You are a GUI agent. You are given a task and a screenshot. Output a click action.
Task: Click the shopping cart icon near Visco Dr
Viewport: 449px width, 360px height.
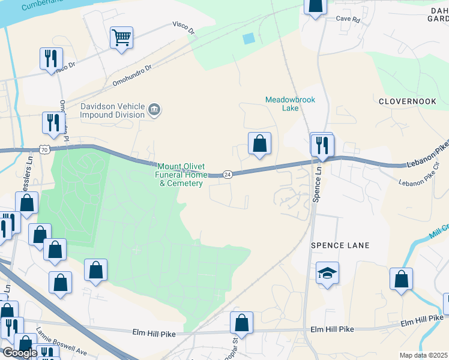click(121, 38)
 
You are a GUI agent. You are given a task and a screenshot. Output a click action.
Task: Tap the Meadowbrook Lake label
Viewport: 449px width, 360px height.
click(290, 104)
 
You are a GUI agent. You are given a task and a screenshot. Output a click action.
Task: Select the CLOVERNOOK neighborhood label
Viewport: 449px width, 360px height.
click(407, 101)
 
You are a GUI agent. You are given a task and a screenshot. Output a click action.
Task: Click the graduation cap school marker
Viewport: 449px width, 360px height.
click(327, 274)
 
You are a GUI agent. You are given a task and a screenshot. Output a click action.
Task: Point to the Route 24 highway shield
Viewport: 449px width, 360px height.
click(228, 174)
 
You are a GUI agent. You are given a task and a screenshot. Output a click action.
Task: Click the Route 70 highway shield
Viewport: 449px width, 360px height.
click(44, 149)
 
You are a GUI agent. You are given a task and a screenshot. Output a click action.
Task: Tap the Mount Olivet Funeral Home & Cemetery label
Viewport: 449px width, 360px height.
click(181, 175)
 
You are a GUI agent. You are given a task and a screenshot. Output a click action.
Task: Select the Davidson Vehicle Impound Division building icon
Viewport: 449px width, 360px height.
click(154, 110)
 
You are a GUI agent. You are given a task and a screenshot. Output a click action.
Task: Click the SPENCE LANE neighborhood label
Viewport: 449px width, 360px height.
click(339, 245)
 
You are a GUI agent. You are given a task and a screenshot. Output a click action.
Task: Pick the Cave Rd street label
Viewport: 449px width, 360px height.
click(348, 20)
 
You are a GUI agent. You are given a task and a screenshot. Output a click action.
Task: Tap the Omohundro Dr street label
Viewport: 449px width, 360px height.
click(132, 76)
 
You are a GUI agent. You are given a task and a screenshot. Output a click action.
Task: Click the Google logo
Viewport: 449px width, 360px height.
click(20, 352)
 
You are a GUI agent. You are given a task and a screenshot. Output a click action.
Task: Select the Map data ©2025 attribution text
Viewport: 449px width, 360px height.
click(423, 355)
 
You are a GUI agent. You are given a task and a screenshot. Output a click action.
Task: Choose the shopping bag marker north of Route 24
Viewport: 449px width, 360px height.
click(259, 144)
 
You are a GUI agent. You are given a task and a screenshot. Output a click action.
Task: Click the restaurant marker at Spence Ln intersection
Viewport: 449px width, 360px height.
click(322, 145)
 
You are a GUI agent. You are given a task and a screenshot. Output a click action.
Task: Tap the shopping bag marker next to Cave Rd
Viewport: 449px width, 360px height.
click(315, 6)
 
